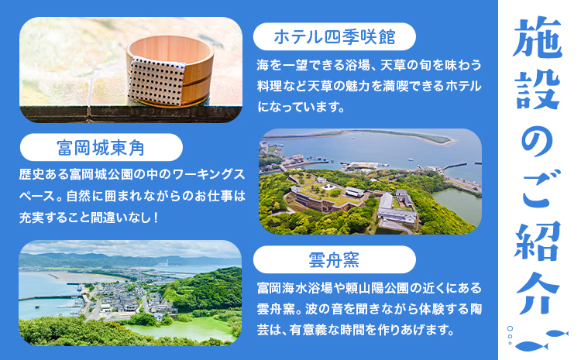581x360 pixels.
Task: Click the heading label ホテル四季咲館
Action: coord(335,36)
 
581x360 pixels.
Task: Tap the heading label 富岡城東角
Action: coord(100,147)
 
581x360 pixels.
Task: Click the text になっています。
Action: coord(300,105)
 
